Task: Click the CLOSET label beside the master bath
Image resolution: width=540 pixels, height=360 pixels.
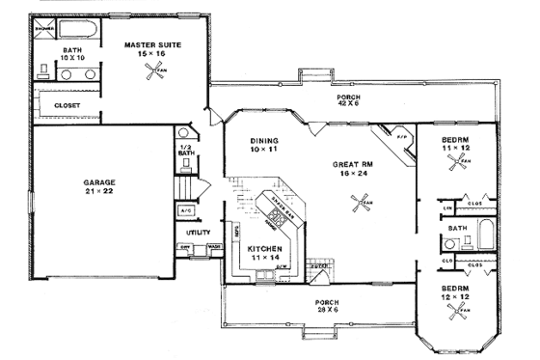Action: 67,104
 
